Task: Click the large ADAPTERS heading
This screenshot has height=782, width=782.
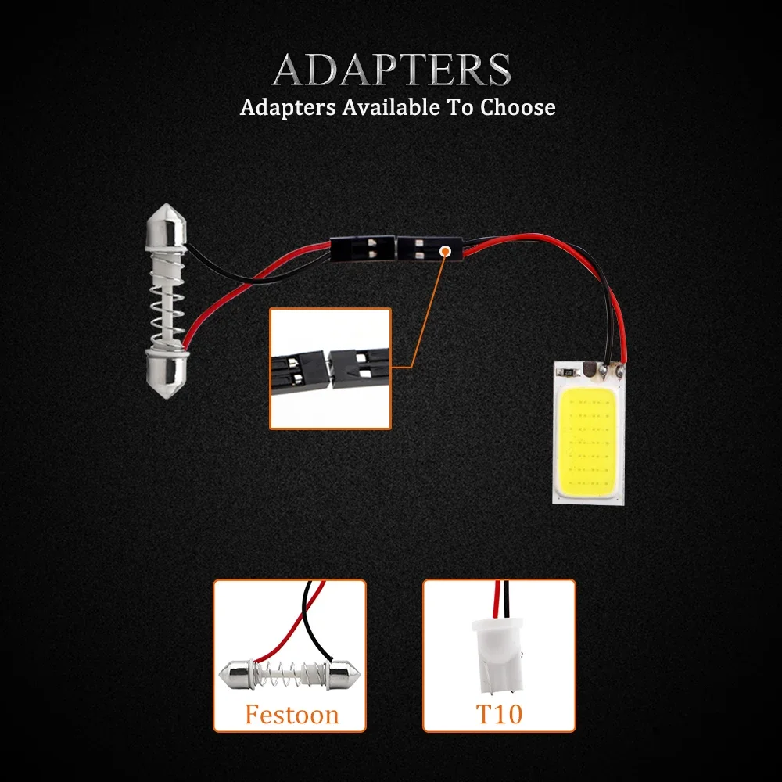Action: coord(391,70)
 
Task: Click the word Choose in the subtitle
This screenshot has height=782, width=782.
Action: coord(517,107)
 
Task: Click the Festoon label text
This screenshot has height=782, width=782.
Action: coord(291,715)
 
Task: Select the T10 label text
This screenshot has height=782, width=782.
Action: coord(499,715)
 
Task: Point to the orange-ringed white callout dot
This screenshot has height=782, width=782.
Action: coord(445,252)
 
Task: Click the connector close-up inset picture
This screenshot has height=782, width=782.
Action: coord(330,368)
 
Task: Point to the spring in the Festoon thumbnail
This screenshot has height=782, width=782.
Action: coord(292,672)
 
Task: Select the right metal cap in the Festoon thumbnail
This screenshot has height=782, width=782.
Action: coord(344,672)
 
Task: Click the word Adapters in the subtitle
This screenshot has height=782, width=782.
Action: coord(288,107)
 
